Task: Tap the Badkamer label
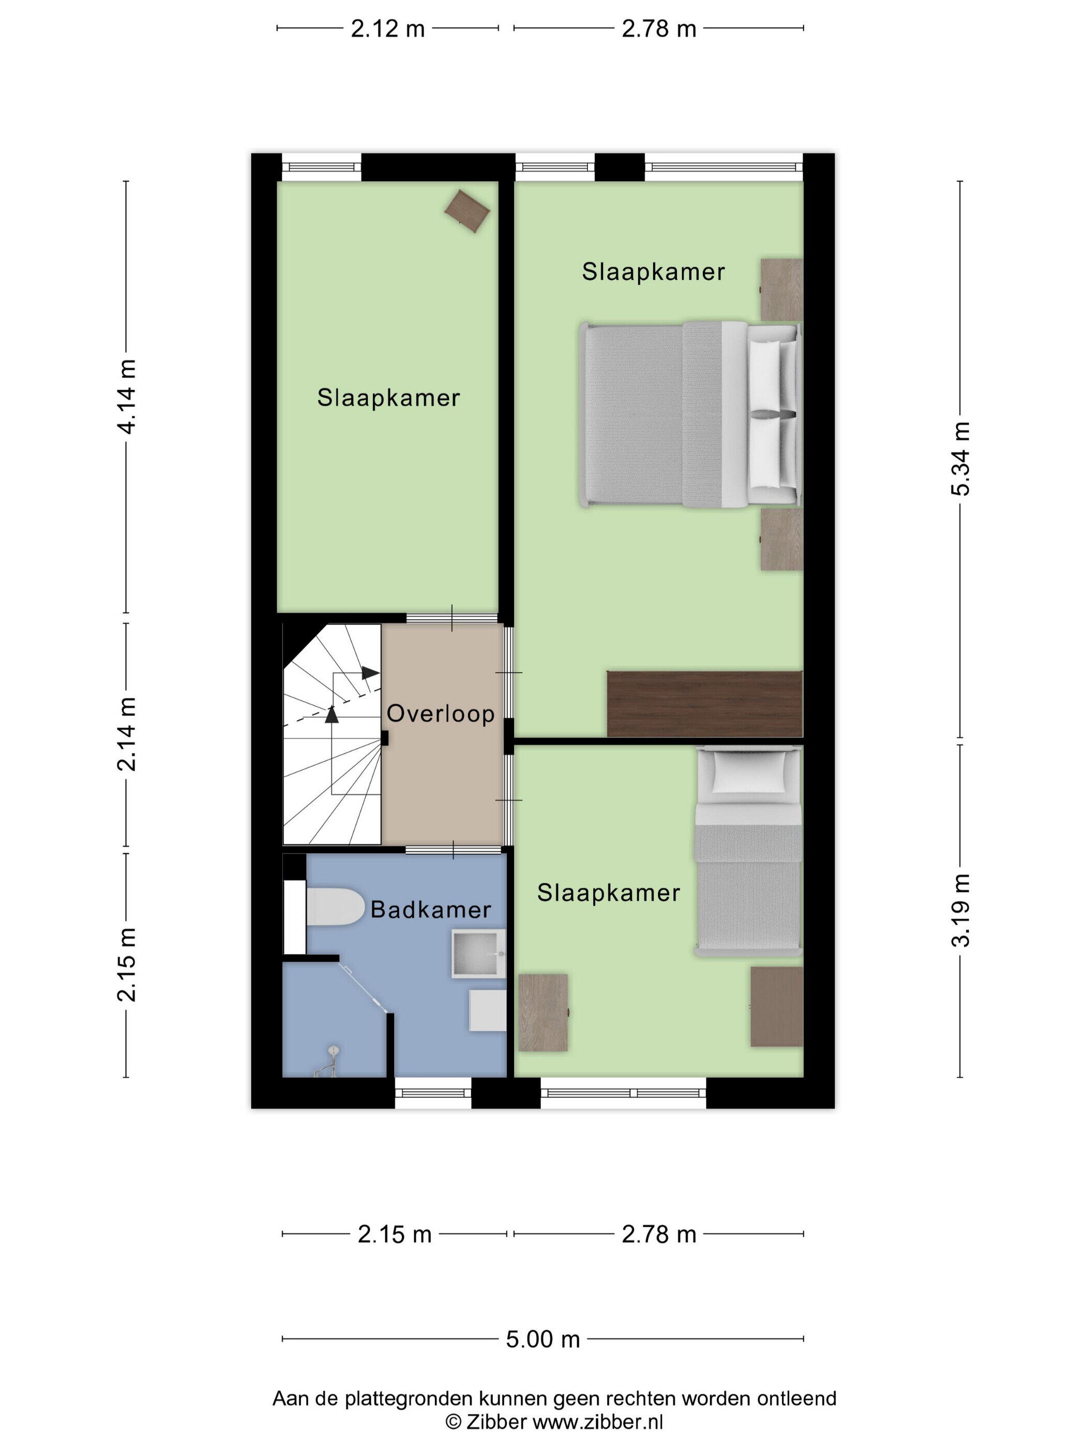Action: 431,909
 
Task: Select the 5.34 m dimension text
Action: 960,458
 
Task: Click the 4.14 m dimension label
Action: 126,396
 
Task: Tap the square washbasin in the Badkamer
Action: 478,953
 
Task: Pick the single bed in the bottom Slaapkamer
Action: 748,852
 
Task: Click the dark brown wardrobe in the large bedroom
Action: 705,704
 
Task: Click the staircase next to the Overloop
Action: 332,734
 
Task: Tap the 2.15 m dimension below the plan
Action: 394,1234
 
